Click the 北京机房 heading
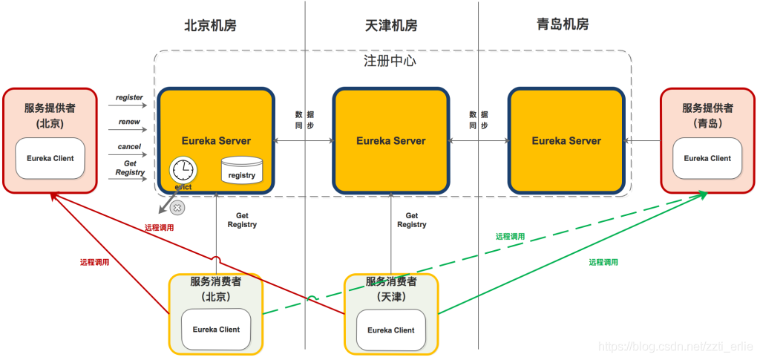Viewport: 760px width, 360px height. (x=210, y=25)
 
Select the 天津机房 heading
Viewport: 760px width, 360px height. (x=391, y=25)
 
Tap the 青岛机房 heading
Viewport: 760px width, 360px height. (x=563, y=24)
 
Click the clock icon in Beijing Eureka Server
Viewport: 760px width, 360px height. (x=182, y=170)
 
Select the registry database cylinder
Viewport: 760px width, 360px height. (x=241, y=170)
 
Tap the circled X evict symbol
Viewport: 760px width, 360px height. (x=177, y=209)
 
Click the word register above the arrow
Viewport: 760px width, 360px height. (x=129, y=97)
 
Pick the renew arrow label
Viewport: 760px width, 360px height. (x=129, y=122)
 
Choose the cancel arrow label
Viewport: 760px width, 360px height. (x=129, y=147)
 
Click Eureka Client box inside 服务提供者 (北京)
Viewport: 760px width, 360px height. (x=51, y=158)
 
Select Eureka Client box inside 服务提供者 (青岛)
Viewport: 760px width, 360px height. (x=707, y=158)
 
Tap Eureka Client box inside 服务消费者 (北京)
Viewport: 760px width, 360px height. (x=216, y=330)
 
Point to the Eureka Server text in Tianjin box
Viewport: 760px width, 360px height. (x=391, y=140)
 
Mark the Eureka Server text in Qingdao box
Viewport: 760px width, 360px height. (x=566, y=140)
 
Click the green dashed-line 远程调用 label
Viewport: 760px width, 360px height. (x=510, y=236)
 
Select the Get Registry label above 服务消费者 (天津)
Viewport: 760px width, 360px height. (x=411, y=220)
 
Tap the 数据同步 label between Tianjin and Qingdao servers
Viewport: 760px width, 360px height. (x=479, y=120)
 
